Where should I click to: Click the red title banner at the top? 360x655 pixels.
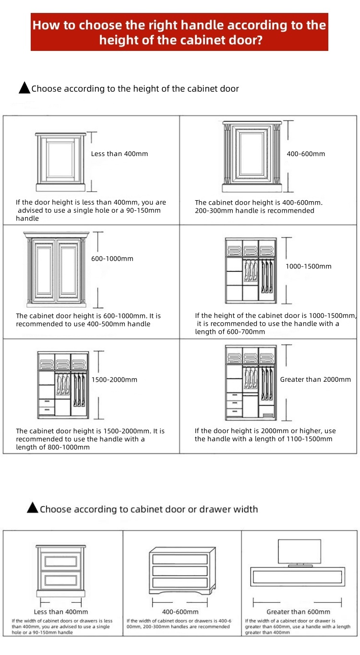(179, 32)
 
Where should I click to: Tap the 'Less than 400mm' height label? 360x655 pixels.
(120, 154)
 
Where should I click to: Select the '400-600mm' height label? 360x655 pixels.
(306, 154)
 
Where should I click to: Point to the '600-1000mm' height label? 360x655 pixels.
(112, 259)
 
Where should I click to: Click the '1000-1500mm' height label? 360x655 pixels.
(309, 266)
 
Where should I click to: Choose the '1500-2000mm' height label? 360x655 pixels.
(114, 379)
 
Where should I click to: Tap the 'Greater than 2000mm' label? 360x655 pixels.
(315, 379)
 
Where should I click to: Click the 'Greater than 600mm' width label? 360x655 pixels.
(298, 612)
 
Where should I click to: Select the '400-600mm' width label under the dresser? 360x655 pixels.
(180, 612)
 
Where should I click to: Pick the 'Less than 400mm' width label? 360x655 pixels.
(61, 612)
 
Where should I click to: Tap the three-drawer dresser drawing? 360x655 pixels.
(180, 570)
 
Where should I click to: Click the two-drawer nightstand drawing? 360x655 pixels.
(60, 570)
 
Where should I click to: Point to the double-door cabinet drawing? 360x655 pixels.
(57, 269)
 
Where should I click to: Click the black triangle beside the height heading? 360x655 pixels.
(24, 88)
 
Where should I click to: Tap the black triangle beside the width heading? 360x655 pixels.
(33, 508)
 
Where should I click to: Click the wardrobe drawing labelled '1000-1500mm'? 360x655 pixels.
(251, 271)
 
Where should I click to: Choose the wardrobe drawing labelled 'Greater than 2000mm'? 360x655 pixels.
(251, 382)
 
